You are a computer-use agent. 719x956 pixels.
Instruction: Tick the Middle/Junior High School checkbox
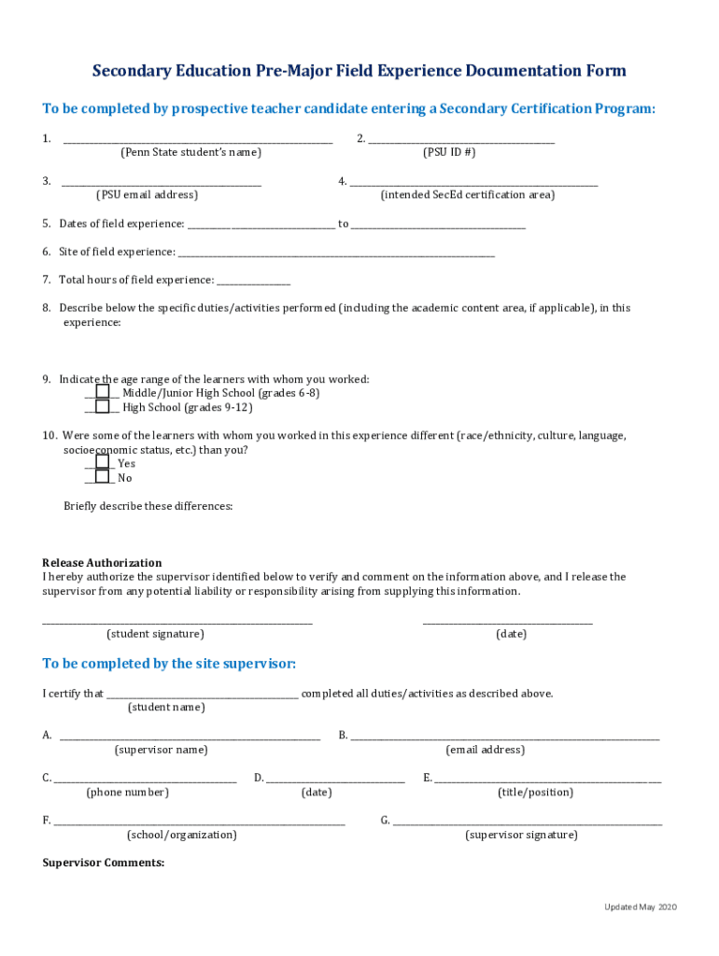pyautogui.click(x=103, y=392)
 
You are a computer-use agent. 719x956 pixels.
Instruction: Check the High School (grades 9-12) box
pyautogui.click(x=103, y=406)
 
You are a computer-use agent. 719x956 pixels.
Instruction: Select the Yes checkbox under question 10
pyautogui.click(x=103, y=462)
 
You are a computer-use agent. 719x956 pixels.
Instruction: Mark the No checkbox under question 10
pyautogui.click(x=103, y=476)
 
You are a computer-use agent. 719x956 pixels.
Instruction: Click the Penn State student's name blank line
pyautogui.click(x=197, y=141)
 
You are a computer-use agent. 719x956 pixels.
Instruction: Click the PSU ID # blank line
pyautogui.click(x=461, y=141)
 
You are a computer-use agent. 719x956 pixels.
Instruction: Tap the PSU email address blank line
pyautogui.click(x=162, y=184)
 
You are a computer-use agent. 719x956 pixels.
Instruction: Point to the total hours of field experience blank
pyautogui.click(x=253, y=282)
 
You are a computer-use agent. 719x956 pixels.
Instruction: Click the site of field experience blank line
pyautogui.click(x=336, y=254)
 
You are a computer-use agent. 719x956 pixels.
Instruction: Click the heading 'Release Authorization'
pyautogui.click(x=102, y=563)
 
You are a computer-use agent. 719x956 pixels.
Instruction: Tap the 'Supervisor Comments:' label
pyautogui.click(x=104, y=863)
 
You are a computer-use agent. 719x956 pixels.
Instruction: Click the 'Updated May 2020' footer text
pyautogui.click(x=640, y=907)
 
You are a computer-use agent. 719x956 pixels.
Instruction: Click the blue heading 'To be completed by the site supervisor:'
pyautogui.click(x=169, y=664)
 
